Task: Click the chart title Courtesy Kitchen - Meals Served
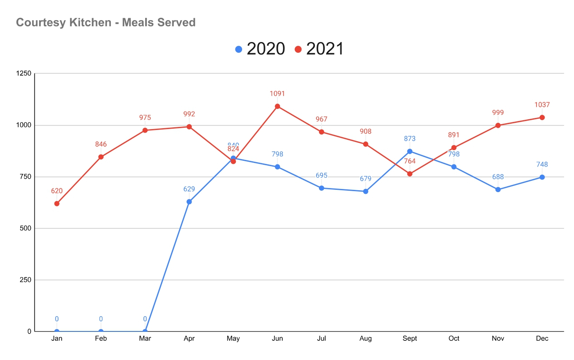click(106, 22)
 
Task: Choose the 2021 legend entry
click(319, 49)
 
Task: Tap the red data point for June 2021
click(277, 106)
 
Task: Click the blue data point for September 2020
click(410, 151)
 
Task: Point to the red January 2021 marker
click(57, 204)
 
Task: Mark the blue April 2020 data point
click(189, 202)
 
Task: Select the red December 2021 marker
click(542, 117)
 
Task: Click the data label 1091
click(277, 94)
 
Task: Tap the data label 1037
click(542, 105)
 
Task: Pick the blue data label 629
click(189, 189)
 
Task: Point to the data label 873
click(410, 138)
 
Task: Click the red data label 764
click(410, 161)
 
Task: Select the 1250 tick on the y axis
click(23, 74)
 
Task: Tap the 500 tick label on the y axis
click(25, 228)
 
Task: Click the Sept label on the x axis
click(410, 339)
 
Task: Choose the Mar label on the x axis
click(145, 339)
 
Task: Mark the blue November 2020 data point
click(498, 190)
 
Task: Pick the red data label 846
click(101, 144)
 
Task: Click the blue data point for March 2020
click(145, 331)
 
